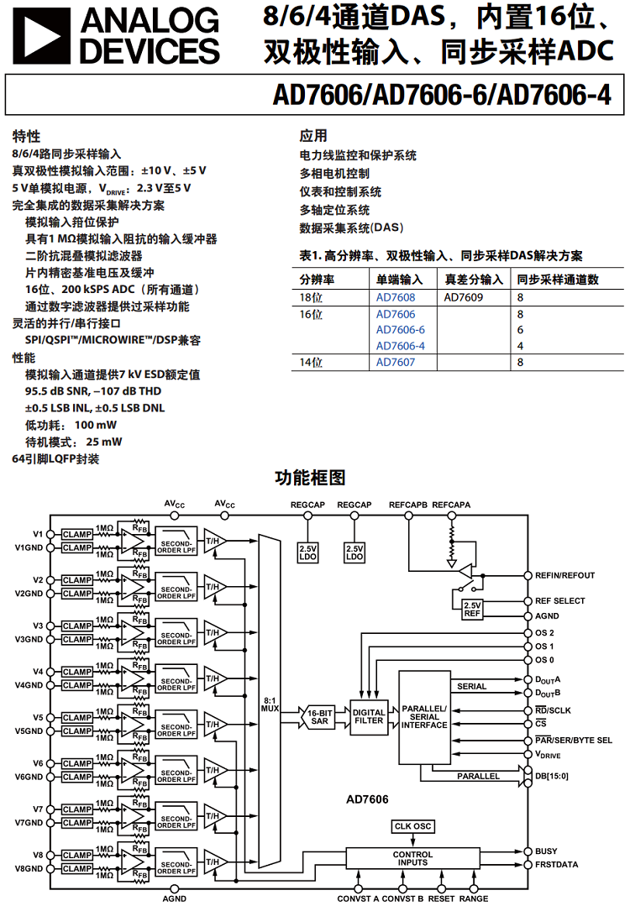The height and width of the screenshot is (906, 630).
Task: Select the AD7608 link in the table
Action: (395, 297)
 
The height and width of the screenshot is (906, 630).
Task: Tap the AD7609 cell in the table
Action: (463, 297)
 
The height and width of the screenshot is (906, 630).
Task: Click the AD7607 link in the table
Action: (395, 362)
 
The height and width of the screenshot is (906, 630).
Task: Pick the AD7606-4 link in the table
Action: (400, 346)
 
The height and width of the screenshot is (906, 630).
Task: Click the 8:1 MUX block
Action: (270, 704)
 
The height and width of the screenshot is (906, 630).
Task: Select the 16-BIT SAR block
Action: (320, 715)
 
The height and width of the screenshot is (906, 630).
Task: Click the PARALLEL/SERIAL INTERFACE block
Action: (424, 715)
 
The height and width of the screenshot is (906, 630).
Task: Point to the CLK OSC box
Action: (412, 827)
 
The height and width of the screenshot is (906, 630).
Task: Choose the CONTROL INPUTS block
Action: (412, 857)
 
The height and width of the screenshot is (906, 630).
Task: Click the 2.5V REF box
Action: (472, 610)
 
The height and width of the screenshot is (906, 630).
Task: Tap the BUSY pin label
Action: (546, 851)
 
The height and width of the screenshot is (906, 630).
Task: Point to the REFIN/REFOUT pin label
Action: (564, 576)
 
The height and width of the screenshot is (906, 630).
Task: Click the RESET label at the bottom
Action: (441, 898)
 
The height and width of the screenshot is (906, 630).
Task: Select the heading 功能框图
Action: (311, 478)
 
